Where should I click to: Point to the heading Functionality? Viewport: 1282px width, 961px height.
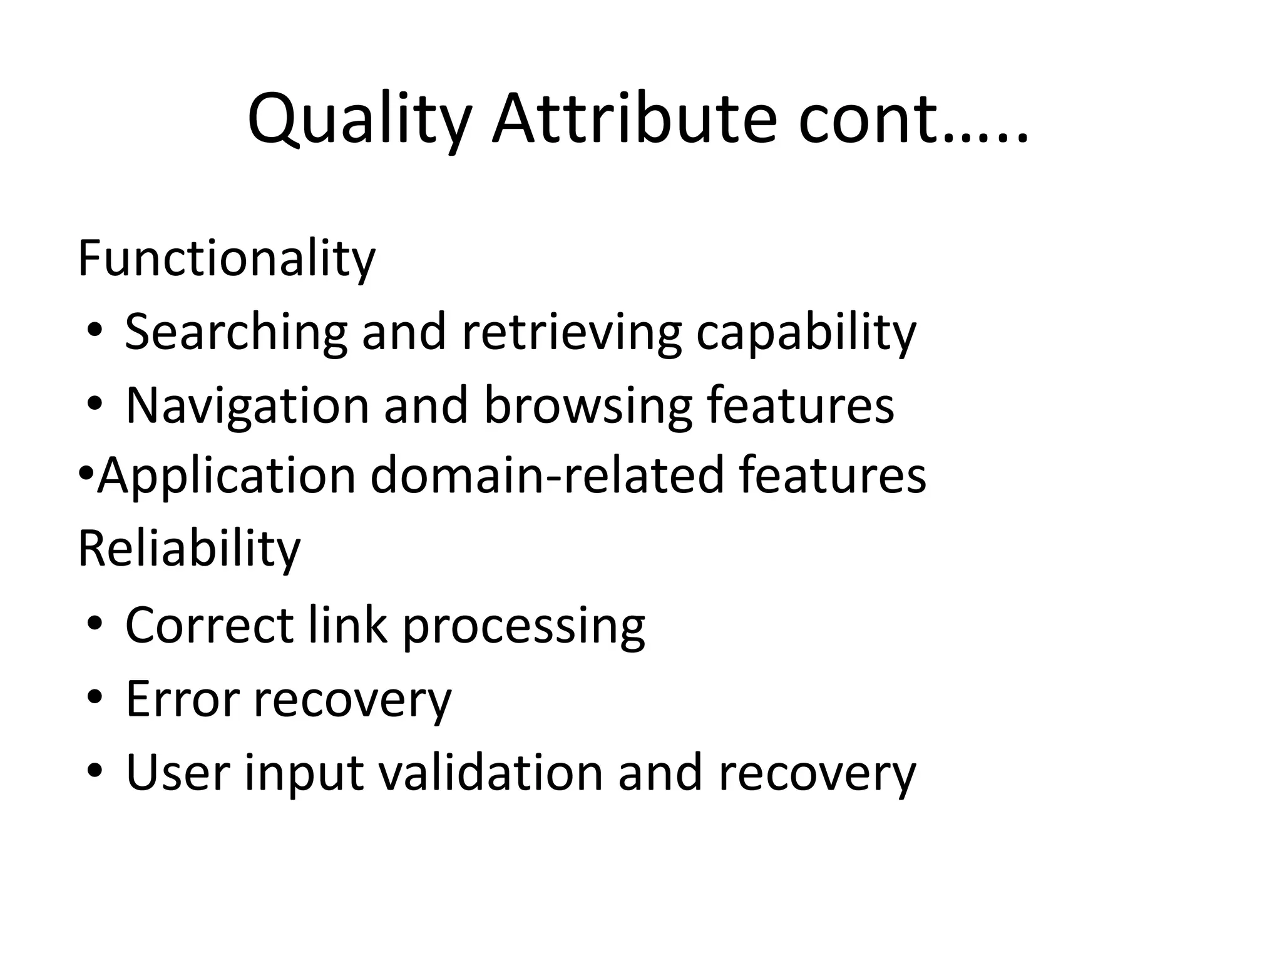click(226, 259)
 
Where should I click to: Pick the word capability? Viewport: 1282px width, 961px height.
click(806, 332)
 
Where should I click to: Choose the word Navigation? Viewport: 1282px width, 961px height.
click(247, 405)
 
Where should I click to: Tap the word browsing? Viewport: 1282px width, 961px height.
click(588, 405)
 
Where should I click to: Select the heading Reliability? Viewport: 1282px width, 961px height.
click(189, 549)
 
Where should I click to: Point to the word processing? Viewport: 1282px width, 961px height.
click(523, 626)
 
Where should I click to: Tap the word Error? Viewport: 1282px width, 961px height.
click(182, 698)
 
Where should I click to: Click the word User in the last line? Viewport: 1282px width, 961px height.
click(178, 772)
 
